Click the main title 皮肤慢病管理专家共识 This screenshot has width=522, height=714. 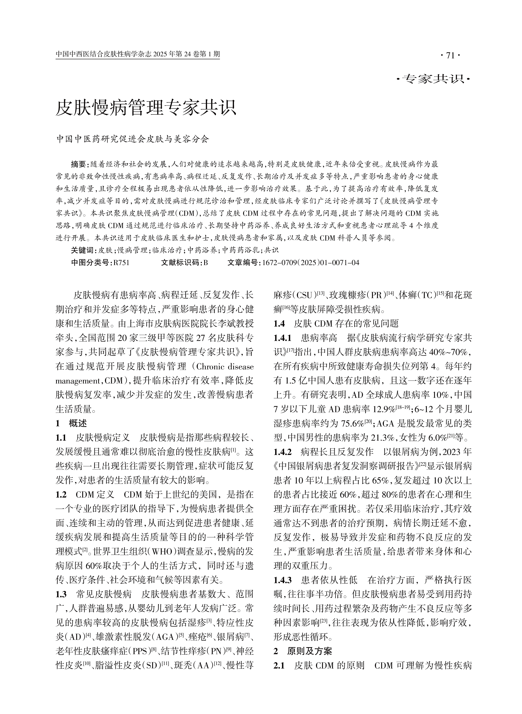[x=146, y=108]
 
